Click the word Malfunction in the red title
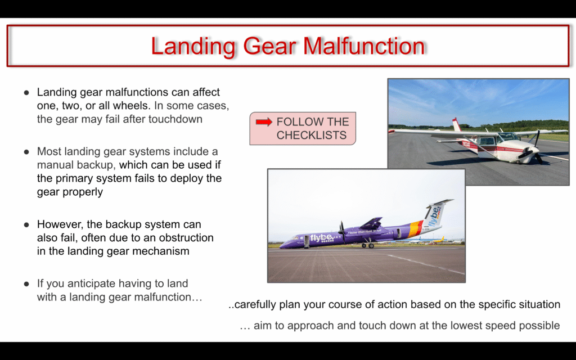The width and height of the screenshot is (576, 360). point(364,46)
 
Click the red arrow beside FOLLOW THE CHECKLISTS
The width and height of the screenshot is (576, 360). point(264,122)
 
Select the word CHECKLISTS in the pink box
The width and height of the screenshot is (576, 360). point(312,135)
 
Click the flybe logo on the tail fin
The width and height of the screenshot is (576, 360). point(435,217)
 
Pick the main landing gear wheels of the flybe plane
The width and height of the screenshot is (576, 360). point(368,245)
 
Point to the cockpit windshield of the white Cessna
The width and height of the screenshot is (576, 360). point(508,137)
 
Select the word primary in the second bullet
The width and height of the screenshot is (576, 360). point(69,178)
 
